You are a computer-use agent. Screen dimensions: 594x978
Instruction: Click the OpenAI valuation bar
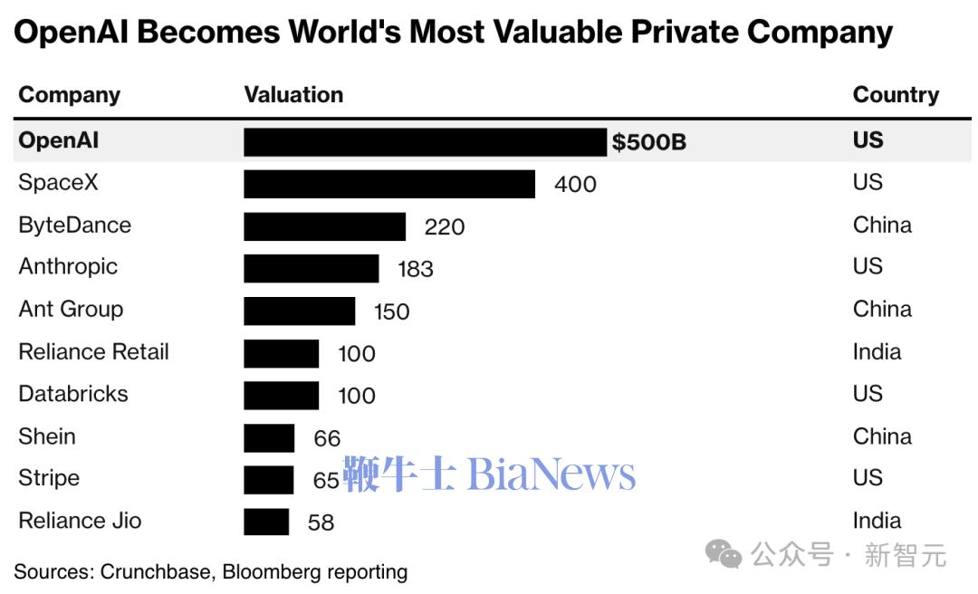click(x=425, y=142)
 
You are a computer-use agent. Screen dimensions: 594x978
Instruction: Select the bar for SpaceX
click(x=389, y=184)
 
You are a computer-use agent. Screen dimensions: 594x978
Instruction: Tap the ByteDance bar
click(x=324, y=226)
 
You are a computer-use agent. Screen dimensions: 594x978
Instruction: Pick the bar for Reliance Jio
click(x=266, y=522)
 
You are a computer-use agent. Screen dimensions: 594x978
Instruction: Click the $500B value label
click(x=648, y=142)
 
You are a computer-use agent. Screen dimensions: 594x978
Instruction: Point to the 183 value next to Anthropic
click(x=416, y=269)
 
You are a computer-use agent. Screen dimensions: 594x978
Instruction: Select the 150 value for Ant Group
click(x=392, y=311)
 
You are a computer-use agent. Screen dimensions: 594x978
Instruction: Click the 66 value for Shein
click(x=327, y=438)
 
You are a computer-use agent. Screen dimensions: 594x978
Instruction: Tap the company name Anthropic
click(x=68, y=267)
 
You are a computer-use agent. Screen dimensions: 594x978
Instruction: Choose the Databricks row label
click(x=73, y=394)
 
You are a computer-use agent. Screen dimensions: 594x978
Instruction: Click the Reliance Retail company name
click(x=93, y=352)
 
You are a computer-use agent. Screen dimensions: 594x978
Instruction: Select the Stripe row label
click(x=49, y=478)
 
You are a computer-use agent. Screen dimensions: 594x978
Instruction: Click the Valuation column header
click(x=293, y=95)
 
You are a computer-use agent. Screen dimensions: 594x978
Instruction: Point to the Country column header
click(x=896, y=95)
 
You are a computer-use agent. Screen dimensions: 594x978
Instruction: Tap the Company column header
click(x=69, y=95)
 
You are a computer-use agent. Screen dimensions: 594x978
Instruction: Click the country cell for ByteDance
click(x=881, y=225)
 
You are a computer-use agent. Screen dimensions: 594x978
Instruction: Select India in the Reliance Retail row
click(x=877, y=351)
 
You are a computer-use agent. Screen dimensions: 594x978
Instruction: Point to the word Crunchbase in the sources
click(x=156, y=572)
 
